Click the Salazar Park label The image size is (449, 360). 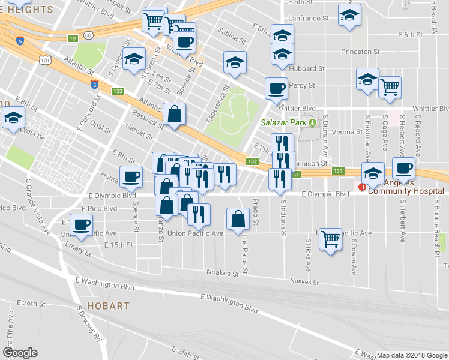click(283, 123)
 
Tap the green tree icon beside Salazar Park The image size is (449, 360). click(312, 123)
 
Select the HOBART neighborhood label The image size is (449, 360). click(107, 306)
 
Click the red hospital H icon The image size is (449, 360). click(362, 187)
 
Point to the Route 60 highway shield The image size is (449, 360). click(88, 36)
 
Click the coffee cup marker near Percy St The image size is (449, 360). click(277, 89)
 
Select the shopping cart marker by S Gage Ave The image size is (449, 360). click(390, 87)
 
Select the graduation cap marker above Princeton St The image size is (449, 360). click(348, 16)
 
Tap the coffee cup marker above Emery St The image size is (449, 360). click(80, 225)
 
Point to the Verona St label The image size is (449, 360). click(343, 131)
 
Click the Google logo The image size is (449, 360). click(20, 353)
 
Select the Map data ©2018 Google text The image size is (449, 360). click(412, 355)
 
